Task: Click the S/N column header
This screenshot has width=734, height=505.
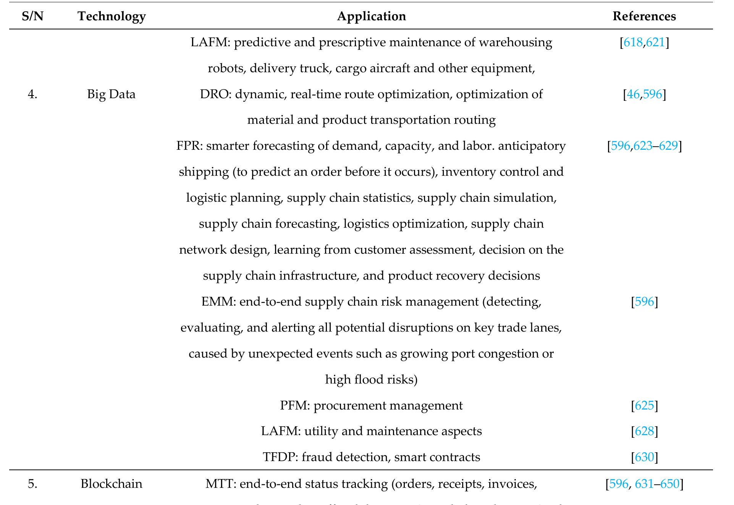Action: (x=32, y=16)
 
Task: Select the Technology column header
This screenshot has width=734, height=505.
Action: (x=112, y=16)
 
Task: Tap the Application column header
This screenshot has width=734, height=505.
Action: (x=371, y=16)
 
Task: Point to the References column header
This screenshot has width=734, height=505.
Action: (x=644, y=16)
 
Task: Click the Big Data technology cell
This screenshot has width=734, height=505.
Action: (x=111, y=94)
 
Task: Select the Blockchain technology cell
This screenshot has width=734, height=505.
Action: (x=111, y=484)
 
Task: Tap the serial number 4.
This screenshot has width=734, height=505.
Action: (x=32, y=94)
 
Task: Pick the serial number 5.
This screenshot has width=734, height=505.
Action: (x=32, y=484)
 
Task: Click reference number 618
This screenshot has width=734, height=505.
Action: (x=633, y=42)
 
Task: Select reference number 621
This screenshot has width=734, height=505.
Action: (x=656, y=42)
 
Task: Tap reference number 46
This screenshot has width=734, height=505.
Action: (x=633, y=94)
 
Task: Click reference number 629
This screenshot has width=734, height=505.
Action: (x=668, y=146)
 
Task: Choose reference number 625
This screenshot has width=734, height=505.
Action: (x=644, y=405)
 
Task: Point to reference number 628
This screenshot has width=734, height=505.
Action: (x=644, y=431)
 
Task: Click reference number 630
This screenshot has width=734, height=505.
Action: (x=644, y=457)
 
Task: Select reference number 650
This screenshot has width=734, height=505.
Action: (x=670, y=484)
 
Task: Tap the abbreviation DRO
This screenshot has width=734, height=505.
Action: (x=214, y=94)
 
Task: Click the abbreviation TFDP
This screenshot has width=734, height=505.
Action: (x=280, y=457)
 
